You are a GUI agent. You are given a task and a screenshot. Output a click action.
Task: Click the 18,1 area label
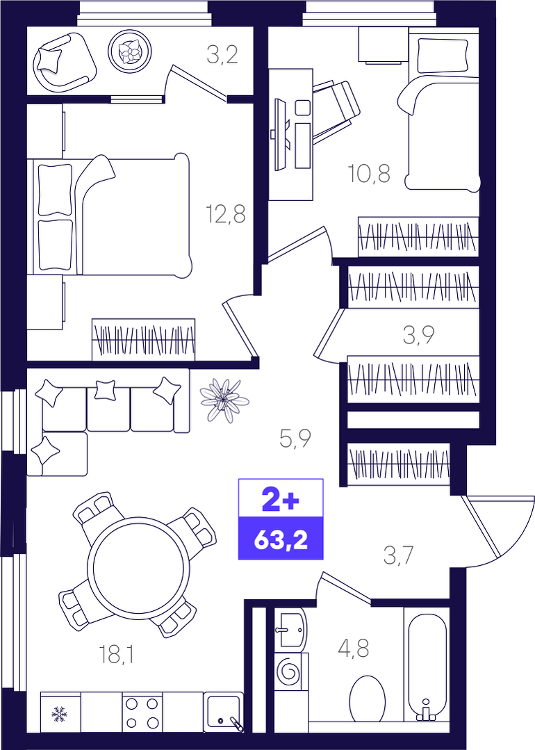[x=116, y=654]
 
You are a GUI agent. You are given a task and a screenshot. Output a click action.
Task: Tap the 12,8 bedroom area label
[x=226, y=214]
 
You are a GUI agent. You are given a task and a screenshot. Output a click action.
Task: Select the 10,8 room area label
[x=369, y=173]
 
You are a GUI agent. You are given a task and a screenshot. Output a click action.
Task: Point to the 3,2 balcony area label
[x=222, y=55]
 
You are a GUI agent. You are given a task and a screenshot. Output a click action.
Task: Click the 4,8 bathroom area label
[x=354, y=649]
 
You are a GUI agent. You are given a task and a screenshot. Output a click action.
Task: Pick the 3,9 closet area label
[x=418, y=335]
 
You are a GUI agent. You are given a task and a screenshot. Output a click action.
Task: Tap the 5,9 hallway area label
[x=295, y=438]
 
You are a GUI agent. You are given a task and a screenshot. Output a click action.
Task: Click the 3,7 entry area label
[x=398, y=556]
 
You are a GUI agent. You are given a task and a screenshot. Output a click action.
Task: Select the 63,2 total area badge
[x=281, y=539]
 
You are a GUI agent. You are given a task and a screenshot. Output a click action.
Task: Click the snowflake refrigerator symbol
[x=60, y=714]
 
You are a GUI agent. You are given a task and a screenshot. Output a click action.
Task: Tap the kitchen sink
[x=224, y=712]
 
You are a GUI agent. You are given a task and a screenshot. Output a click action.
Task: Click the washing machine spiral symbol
[x=289, y=673]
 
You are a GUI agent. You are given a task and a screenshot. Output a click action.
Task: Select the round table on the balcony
[x=129, y=51]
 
